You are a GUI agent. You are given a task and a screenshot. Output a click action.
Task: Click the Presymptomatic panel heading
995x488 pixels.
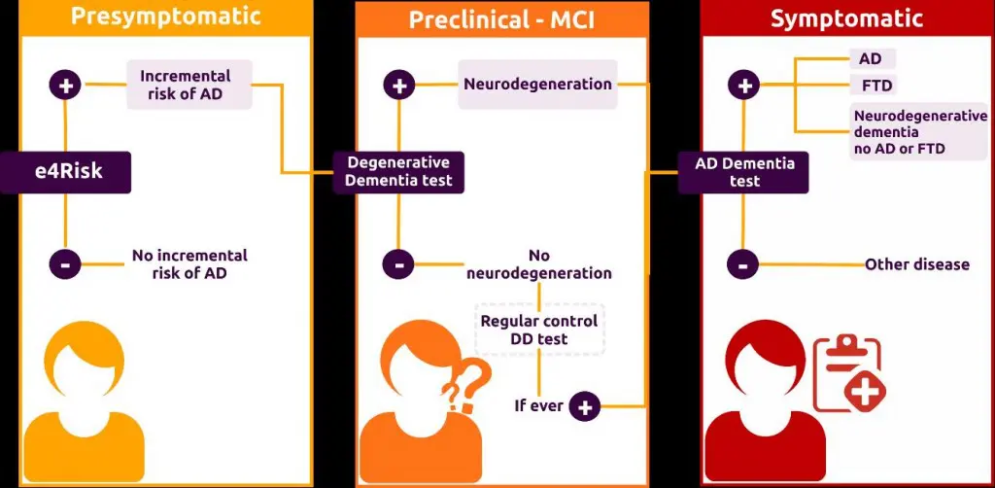[x=166, y=17]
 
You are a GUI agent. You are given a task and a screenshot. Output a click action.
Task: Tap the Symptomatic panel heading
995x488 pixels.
[x=846, y=19]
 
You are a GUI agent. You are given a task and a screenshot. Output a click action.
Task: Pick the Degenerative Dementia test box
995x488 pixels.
[x=398, y=171]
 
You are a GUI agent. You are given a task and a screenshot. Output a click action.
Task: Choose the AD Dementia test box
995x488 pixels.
[x=744, y=171]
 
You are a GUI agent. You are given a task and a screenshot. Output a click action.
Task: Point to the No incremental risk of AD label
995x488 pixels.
[x=189, y=264]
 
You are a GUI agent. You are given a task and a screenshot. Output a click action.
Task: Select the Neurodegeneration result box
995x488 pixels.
[x=537, y=85]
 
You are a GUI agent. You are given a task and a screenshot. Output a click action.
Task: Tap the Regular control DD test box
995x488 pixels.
[x=539, y=330]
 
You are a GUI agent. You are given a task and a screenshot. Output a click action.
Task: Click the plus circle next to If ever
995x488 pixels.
[x=585, y=406]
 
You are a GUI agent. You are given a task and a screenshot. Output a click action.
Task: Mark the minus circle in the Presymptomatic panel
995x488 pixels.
[x=65, y=263]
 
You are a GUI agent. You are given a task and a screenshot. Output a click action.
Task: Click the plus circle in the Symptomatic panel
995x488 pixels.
[x=744, y=86]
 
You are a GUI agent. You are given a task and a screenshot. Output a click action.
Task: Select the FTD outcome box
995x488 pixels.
[x=872, y=85]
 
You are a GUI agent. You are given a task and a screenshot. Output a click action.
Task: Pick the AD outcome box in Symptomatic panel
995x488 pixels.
[x=870, y=58]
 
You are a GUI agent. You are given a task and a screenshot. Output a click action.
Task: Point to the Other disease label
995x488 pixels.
[x=916, y=264]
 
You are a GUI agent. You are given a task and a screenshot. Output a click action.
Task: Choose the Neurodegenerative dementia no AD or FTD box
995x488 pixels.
[x=918, y=132]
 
